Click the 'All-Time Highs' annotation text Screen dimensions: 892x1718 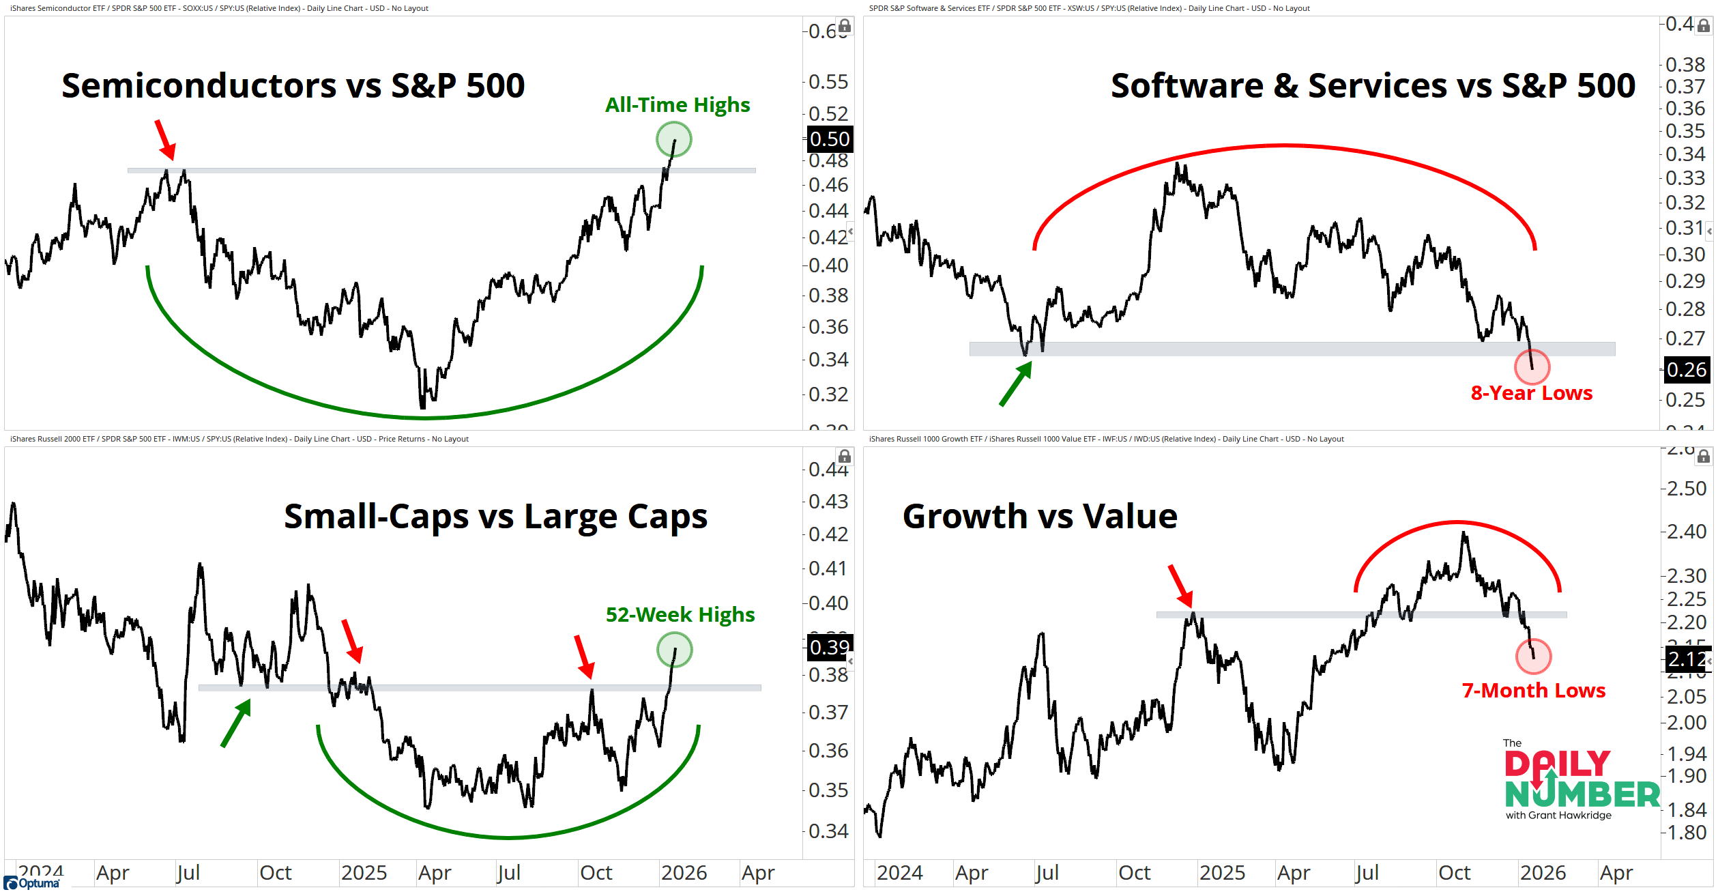677,105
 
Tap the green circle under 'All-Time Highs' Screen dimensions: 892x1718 673,139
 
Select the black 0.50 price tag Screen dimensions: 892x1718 829,139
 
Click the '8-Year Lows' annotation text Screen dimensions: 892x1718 1531,393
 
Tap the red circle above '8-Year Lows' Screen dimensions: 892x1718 1532,367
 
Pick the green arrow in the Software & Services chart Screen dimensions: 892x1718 1015,384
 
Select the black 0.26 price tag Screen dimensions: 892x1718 1686,370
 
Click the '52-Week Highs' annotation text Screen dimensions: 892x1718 680,615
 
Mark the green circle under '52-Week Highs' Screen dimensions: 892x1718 674,650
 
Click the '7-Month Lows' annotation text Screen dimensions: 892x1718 1533,691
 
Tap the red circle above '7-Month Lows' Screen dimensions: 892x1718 1533,657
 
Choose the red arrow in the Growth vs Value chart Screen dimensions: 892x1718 1180,586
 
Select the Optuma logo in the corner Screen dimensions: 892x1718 32,883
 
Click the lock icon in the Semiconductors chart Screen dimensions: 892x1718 845,26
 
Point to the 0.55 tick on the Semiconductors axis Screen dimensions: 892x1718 828,82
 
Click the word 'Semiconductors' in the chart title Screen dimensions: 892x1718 199,86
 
